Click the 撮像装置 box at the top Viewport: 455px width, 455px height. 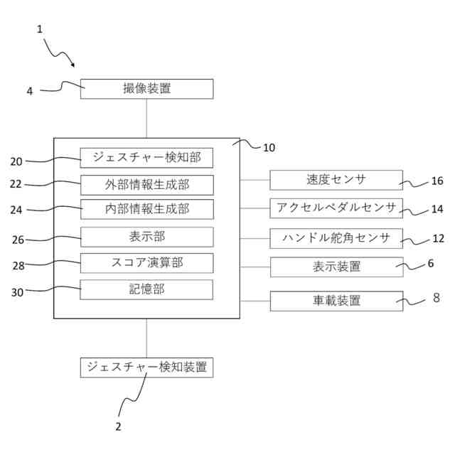click(146, 89)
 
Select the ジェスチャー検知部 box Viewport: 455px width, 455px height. click(146, 158)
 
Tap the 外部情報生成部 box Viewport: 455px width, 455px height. click(146, 185)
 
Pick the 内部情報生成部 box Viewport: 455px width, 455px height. click(146, 209)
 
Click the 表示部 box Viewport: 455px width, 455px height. click(146, 236)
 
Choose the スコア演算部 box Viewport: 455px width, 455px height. click(146, 262)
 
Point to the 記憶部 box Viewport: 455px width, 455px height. click(146, 289)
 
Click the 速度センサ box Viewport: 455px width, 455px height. click(336, 180)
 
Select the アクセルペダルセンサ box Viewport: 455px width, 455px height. click(336, 208)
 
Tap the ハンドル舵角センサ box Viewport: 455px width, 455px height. click(336, 237)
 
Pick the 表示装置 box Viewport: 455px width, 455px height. click(336, 267)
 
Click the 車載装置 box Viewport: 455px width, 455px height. click(336, 301)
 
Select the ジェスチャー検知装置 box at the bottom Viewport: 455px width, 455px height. click(146, 367)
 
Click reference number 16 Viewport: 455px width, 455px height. click(437, 181)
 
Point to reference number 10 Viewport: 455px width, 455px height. click(268, 148)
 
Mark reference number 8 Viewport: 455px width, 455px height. click(436, 298)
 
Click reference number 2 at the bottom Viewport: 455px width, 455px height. click(118, 427)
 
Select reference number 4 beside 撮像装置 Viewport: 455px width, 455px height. click(30, 91)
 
